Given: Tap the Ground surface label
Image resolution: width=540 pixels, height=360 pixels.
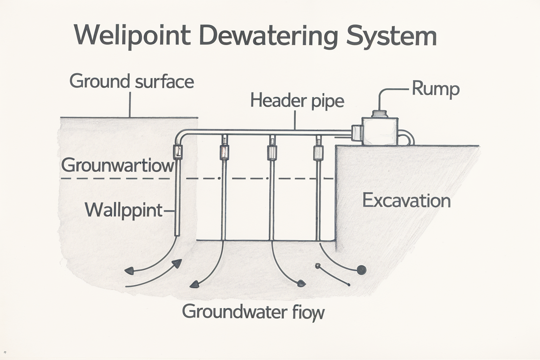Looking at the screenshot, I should pos(131,81).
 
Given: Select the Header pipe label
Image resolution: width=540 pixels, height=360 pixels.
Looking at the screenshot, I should pos(297,101).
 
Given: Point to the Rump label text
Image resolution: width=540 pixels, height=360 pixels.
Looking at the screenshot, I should pos(435,89).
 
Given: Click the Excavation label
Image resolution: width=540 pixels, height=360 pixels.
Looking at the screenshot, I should pos(406,201).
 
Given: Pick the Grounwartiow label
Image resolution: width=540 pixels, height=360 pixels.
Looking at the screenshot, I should pos(118,165).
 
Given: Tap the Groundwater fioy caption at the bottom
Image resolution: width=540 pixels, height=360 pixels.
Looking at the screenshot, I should pos(253,311).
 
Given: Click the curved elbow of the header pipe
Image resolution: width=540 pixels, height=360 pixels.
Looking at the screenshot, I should pos(180,135).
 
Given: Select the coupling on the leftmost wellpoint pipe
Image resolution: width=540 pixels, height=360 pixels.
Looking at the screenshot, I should pos(178,152).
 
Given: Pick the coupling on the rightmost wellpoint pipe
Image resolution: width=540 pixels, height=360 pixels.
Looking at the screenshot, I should pos(318,152).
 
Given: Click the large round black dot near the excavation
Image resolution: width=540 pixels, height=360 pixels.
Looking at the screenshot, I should pos(361,270).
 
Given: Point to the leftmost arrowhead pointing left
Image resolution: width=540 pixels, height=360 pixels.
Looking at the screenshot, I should pos(130,270).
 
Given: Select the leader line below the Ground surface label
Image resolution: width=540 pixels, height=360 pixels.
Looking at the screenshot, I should pos(130,104).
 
